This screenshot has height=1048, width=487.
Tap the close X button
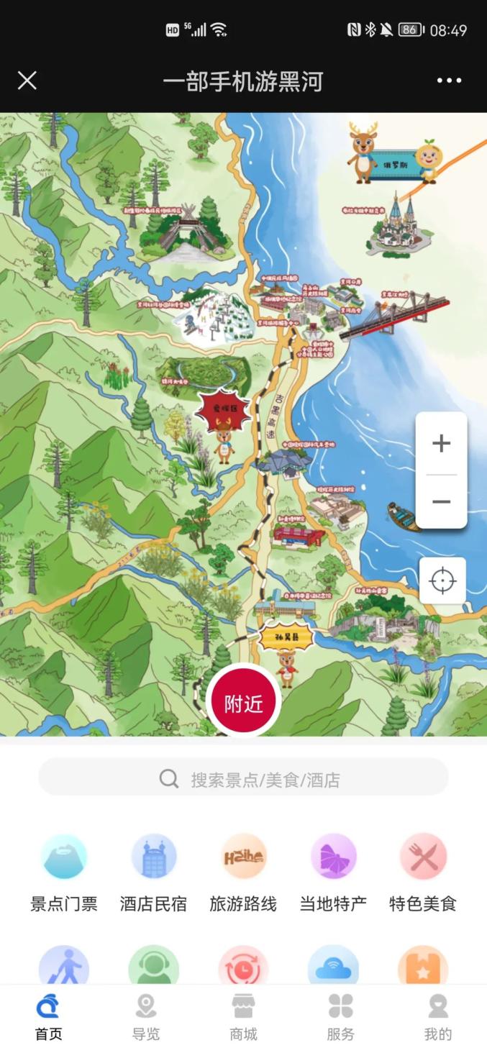(x=27, y=81)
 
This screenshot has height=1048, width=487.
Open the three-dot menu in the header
(x=449, y=81)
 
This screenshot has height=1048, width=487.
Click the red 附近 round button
(x=243, y=703)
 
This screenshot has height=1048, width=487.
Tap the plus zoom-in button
(x=441, y=443)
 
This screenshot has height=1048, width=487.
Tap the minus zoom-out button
(x=441, y=501)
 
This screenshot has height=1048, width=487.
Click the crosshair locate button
(x=442, y=580)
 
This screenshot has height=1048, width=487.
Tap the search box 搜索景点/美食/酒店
(x=243, y=778)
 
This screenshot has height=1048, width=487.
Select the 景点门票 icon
(x=64, y=857)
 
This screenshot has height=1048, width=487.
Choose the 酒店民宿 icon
(x=154, y=857)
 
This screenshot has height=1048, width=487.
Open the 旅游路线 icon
(x=243, y=857)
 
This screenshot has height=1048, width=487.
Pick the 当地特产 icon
(x=333, y=857)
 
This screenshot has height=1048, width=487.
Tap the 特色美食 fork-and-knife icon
(x=423, y=857)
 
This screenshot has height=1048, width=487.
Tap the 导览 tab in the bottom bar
(x=146, y=1018)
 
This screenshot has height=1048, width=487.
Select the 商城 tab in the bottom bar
(x=243, y=1018)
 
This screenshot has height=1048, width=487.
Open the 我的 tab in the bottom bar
(x=437, y=1018)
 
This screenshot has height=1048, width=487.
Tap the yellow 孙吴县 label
(x=286, y=636)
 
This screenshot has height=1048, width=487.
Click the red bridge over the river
(x=396, y=314)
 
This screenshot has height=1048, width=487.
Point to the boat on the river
(x=403, y=516)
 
